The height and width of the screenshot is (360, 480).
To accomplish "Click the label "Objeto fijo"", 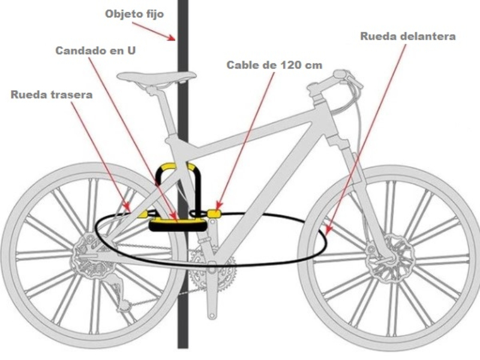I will [134, 14].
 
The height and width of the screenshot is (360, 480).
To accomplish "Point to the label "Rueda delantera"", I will [408, 36].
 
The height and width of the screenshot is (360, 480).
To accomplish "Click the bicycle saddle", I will [156, 76].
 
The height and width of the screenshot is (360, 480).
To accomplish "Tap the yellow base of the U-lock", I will [177, 224].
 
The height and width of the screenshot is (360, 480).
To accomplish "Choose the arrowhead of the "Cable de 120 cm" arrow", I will [215, 210].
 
